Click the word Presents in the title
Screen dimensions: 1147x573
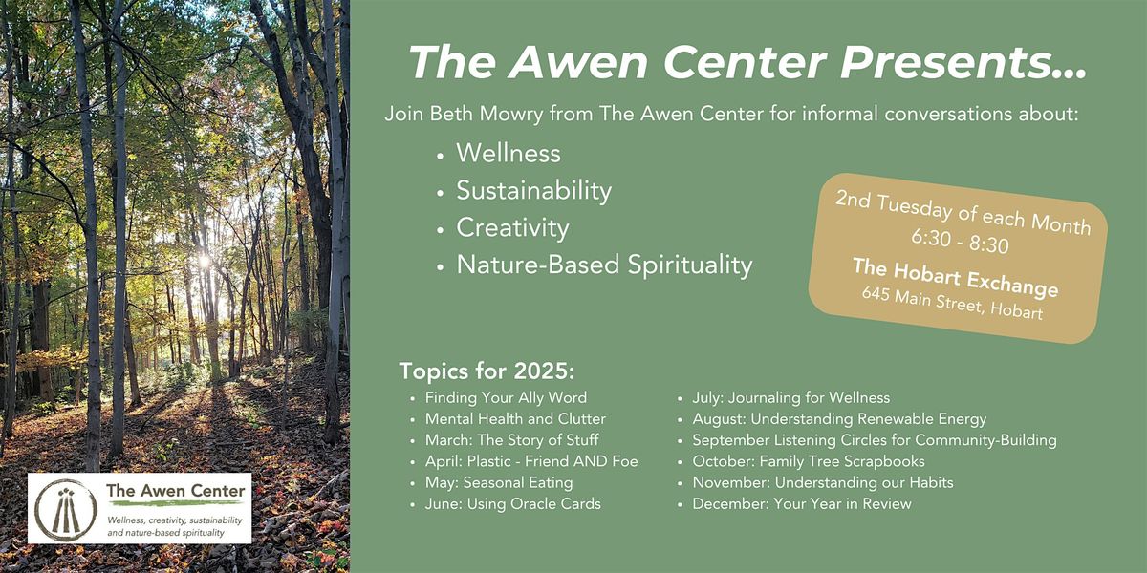(963, 62)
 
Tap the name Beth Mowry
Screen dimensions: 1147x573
(486, 114)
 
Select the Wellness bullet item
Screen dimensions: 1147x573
(509, 153)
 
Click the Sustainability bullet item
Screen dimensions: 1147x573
(534, 191)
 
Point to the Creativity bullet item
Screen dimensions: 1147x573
(512, 228)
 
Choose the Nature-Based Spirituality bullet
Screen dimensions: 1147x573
(604, 265)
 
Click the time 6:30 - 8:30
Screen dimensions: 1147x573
(960, 242)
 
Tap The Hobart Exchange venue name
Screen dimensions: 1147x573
(956, 277)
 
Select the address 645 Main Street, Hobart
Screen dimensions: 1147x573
(952, 303)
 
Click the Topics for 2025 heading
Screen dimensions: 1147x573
(487, 371)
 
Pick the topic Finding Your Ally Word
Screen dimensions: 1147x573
(506, 397)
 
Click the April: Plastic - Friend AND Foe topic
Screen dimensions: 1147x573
(531, 461)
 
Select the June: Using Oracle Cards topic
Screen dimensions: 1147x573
(512, 504)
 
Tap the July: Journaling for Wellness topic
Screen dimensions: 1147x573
(791, 397)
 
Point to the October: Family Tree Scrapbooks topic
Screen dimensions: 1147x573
(809, 461)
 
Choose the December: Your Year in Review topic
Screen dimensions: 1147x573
(802, 504)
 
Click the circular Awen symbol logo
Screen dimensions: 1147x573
(66, 510)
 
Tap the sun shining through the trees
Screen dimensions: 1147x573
(205, 262)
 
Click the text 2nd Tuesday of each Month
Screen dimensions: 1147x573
(963, 213)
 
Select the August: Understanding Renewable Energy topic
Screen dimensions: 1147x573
(839, 419)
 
